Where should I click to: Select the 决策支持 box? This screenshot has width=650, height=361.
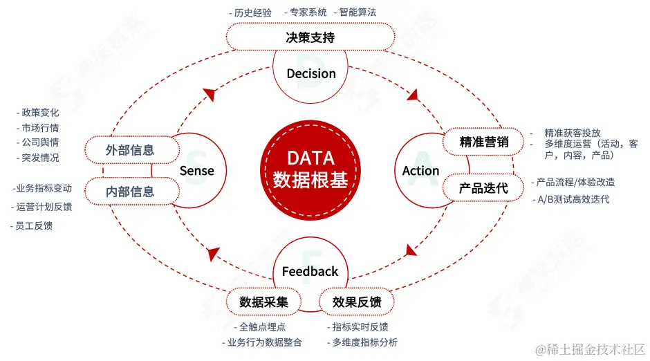[310, 37]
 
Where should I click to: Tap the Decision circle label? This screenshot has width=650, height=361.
[311, 73]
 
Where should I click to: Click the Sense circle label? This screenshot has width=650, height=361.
[197, 170]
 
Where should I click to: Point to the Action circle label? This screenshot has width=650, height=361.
[420, 170]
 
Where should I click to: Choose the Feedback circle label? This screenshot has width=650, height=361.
[310, 271]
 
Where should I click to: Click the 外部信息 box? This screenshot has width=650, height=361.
[130, 149]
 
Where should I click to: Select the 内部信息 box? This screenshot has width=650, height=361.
[130, 192]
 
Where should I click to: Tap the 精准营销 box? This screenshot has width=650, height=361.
[484, 142]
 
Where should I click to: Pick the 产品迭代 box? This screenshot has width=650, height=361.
[484, 187]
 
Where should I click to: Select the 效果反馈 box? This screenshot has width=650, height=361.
[357, 302]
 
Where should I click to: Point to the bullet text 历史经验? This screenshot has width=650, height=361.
[253, 12]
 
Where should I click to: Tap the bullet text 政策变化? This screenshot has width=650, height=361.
[40, 112]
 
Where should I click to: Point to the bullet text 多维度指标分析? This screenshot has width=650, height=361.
[364, 342]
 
